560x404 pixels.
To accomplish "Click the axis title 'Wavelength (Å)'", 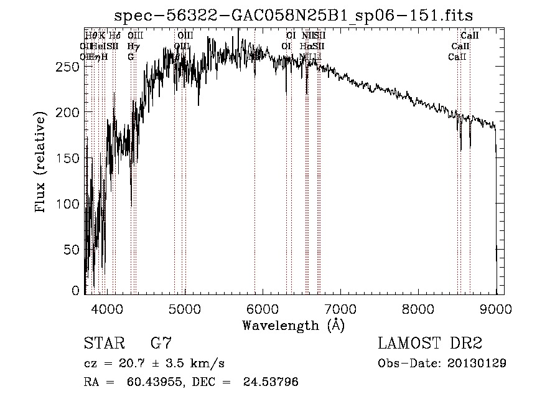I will click(293, 325).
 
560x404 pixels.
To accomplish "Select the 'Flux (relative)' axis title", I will click(42, 164).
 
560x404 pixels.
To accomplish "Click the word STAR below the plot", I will click(103, 344).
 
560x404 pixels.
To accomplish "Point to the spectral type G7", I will click(161, 344).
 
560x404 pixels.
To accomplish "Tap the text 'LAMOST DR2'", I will click(430, 344).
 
